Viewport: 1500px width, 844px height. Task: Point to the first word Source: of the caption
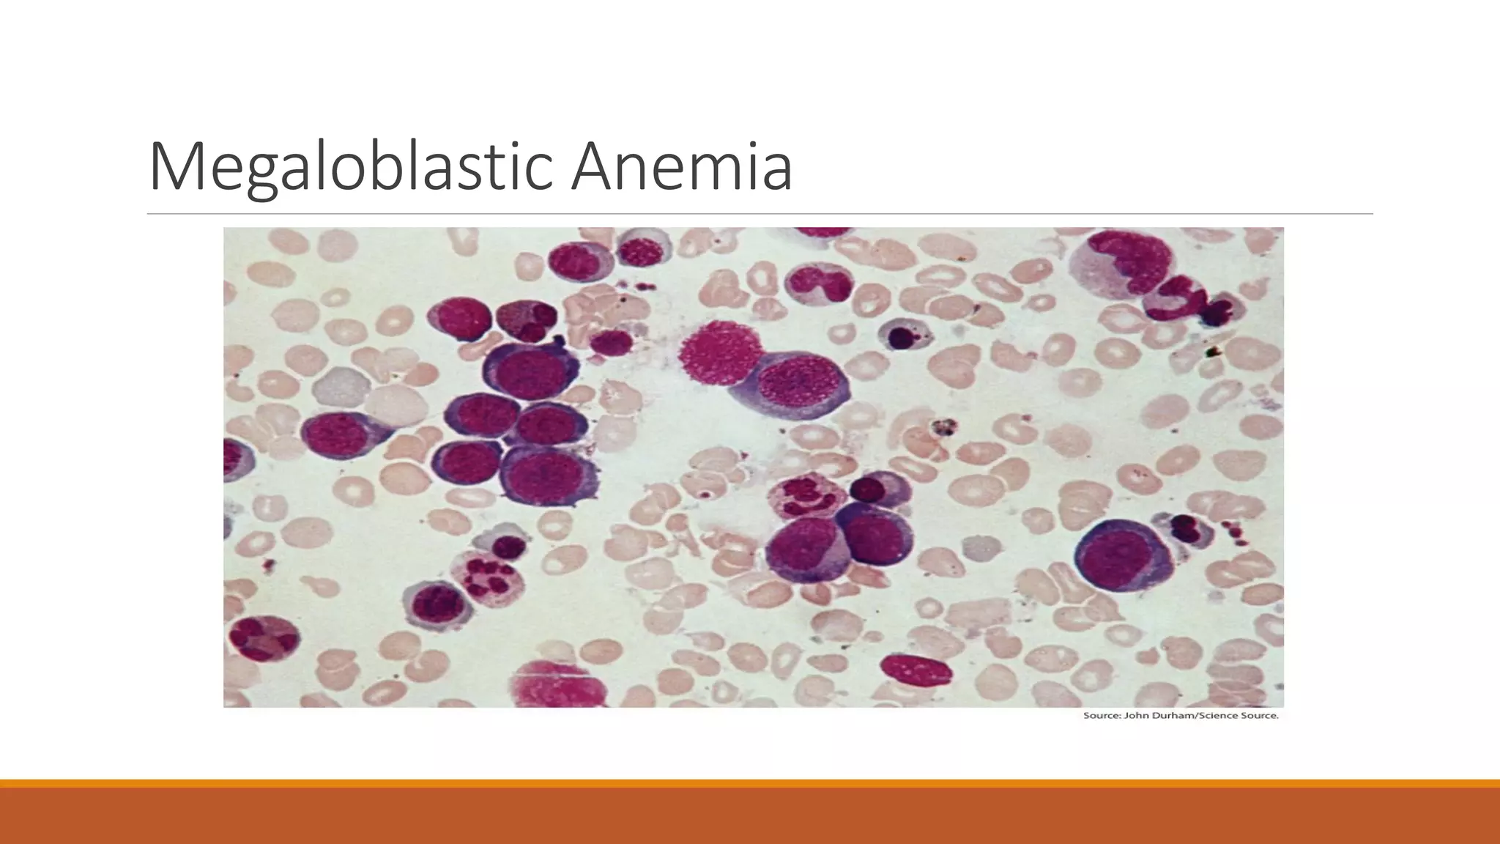[1101, 716]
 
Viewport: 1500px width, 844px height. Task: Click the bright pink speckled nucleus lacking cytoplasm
[715, 354]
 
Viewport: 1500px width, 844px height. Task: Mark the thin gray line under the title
[760, 214]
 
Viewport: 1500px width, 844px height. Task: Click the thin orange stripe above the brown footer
[750, 783]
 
